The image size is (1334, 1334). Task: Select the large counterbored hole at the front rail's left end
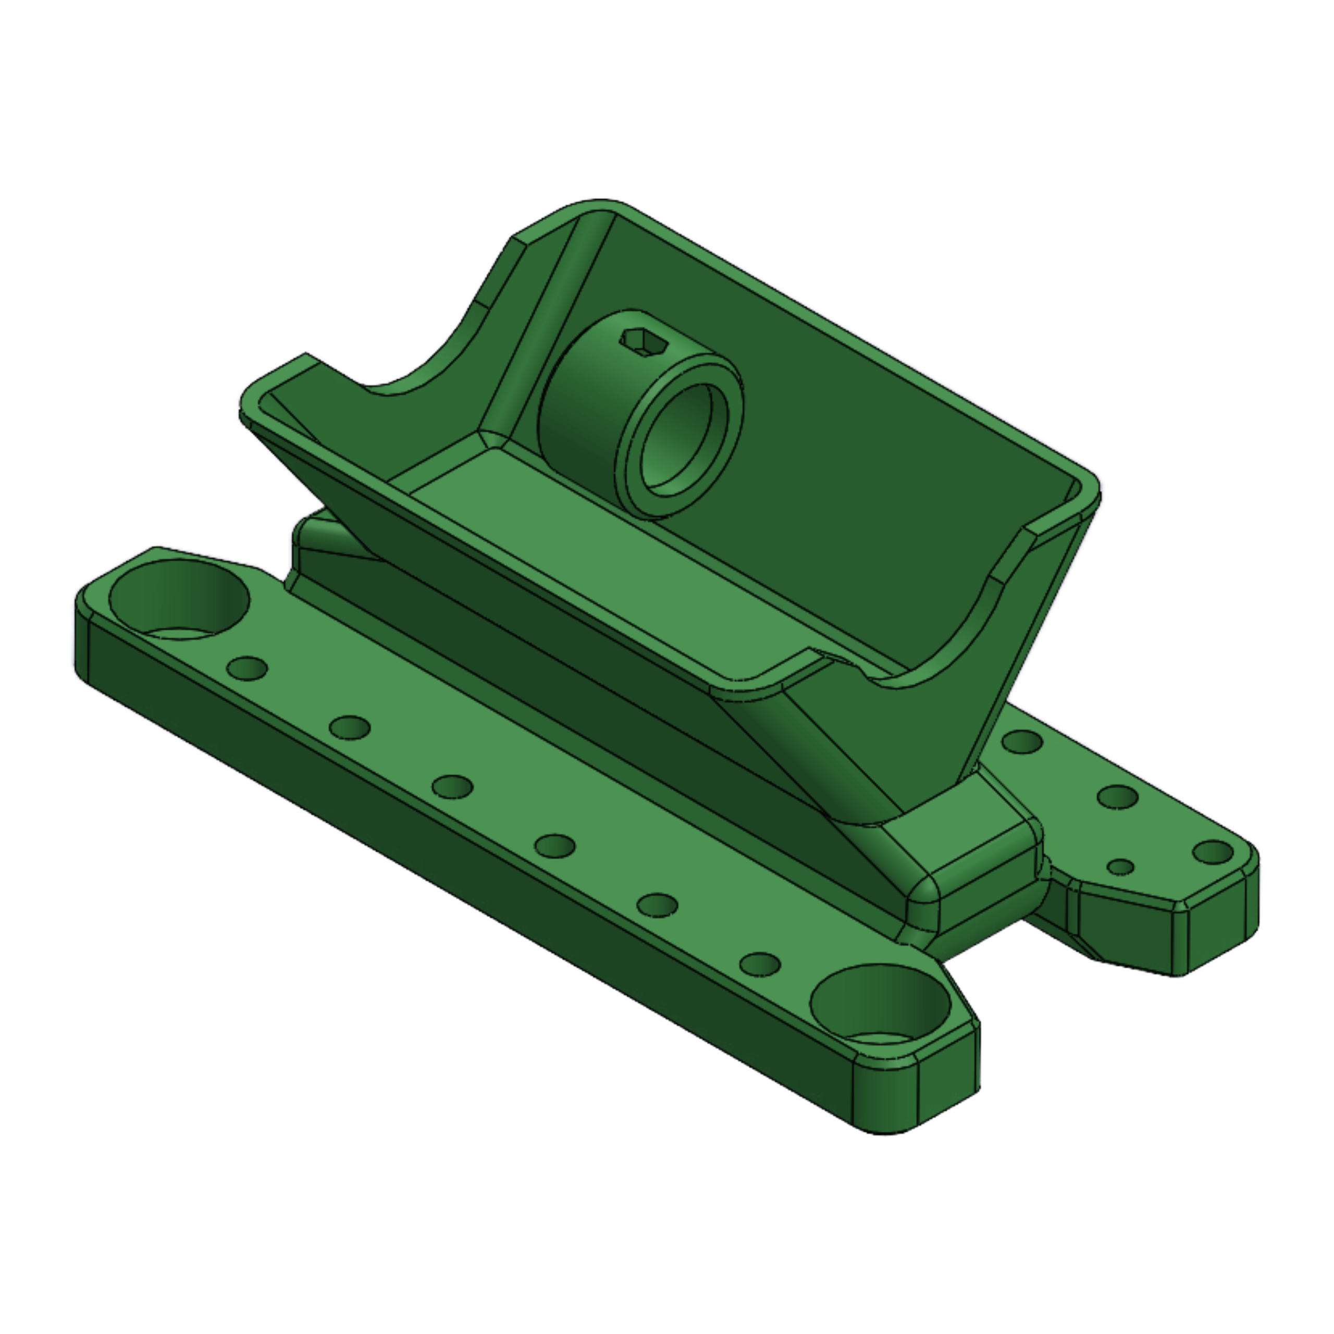(178, 599)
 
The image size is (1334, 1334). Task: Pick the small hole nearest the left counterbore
(247, 668)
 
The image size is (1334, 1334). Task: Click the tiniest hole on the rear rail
(1120, 867)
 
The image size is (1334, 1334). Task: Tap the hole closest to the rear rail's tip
(1212, 851)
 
